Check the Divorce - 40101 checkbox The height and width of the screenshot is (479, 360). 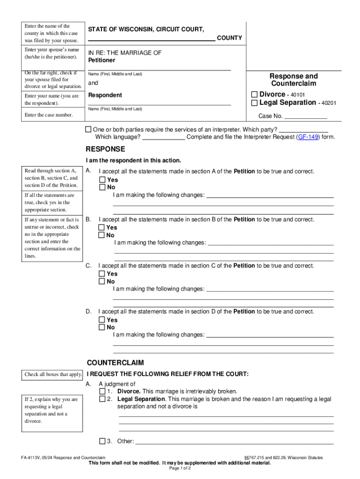click(254, 94)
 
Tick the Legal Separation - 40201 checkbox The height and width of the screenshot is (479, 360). click(254, 102)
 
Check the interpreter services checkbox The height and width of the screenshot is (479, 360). click(88, 130)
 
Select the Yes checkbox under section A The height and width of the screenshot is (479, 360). click(102, 180)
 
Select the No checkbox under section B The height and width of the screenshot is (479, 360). click(102, 235)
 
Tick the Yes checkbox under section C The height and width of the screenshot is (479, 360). click(102, 274)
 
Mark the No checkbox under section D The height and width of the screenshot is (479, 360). click(102, 327)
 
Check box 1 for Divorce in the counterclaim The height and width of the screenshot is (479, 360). click(102, 391)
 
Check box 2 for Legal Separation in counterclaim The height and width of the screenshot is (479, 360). click(102, 399)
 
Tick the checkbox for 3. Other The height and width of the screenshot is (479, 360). click(102, 441)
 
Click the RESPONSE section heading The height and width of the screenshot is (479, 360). click(105, 149)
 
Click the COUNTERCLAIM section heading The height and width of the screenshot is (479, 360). click(115, 363)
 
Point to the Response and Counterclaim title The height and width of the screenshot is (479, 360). click(294, 80)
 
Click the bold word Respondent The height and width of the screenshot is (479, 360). click(105, 95)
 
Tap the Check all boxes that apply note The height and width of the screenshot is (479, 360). click(53, 374)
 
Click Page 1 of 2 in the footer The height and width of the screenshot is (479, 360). click(180, 468)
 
